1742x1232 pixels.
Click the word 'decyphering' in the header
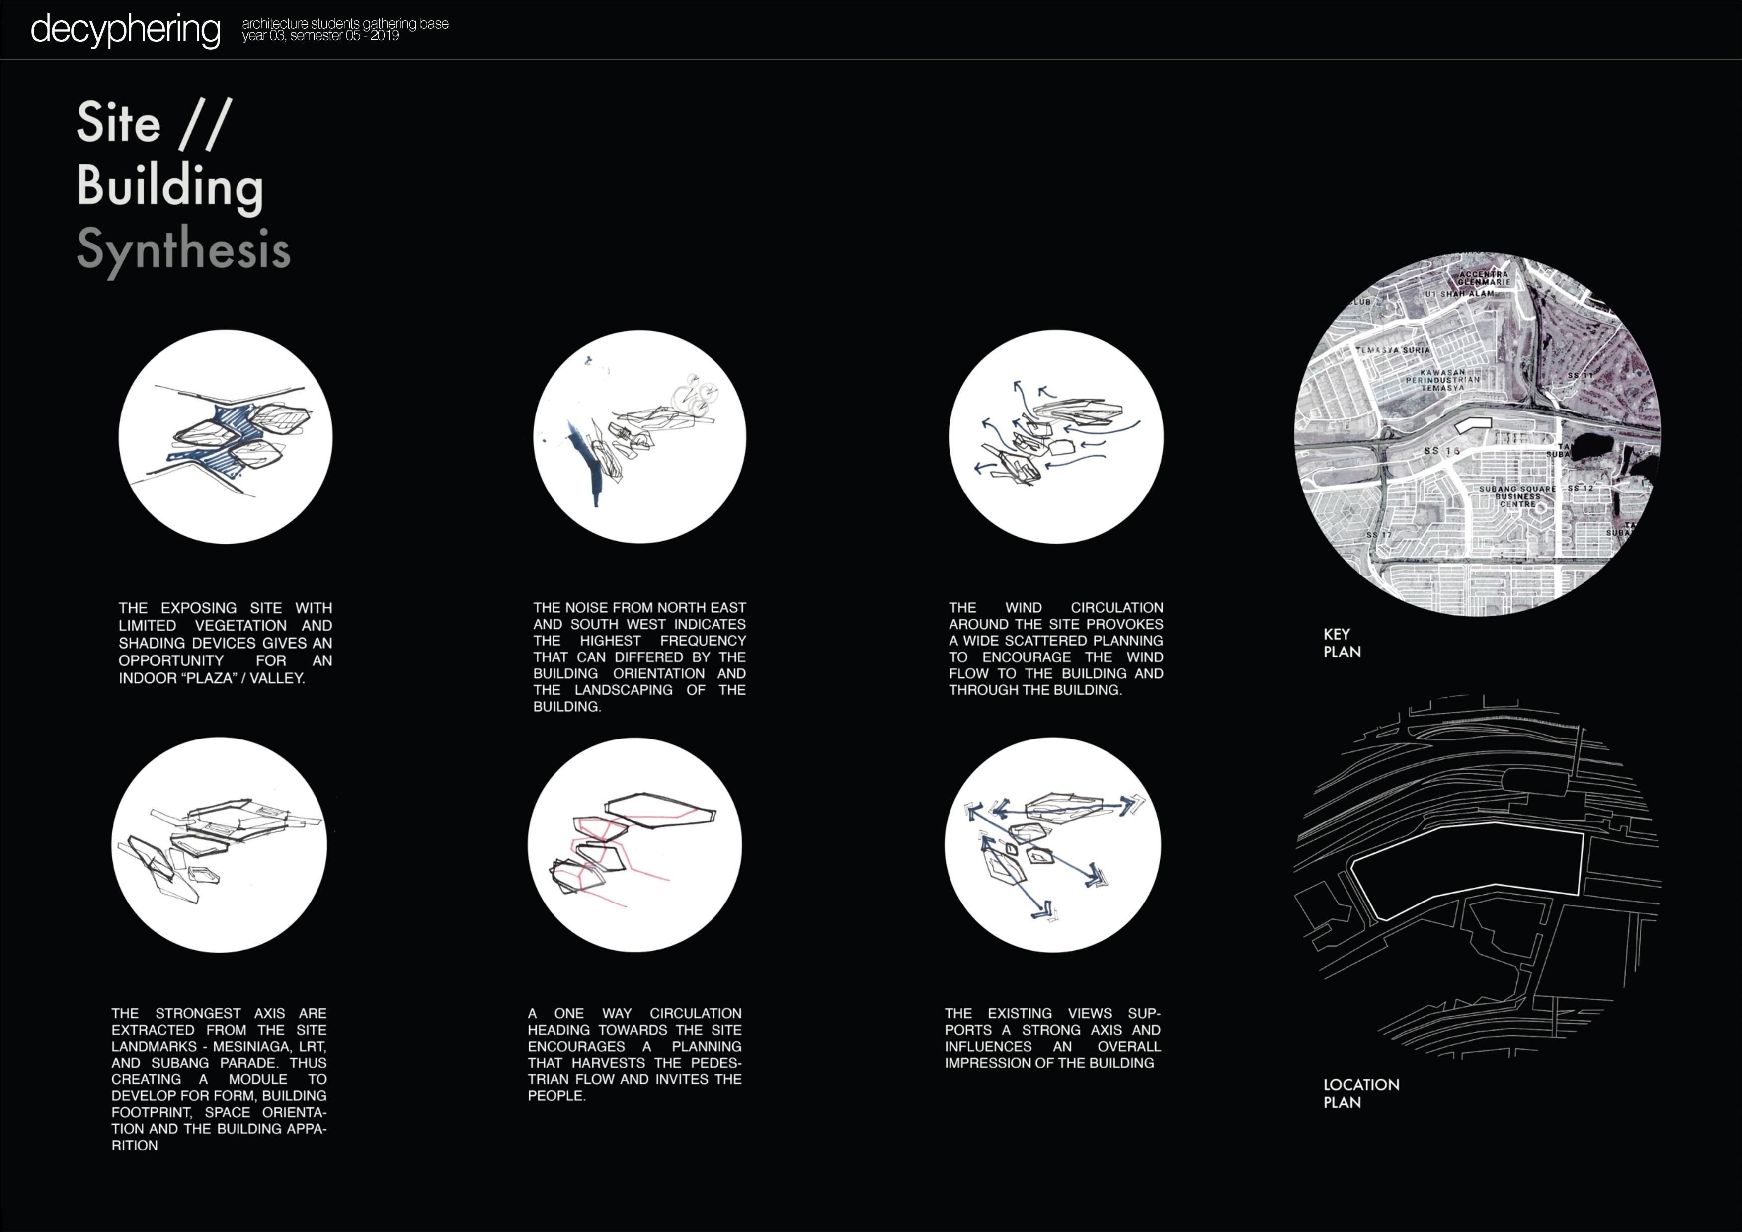125,30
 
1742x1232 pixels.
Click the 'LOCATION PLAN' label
1361,1093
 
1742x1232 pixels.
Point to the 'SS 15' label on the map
1441,451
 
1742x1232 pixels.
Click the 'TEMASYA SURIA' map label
1393,351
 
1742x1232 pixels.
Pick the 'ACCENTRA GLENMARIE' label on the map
1484,278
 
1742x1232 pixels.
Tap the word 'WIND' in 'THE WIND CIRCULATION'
1024,608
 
